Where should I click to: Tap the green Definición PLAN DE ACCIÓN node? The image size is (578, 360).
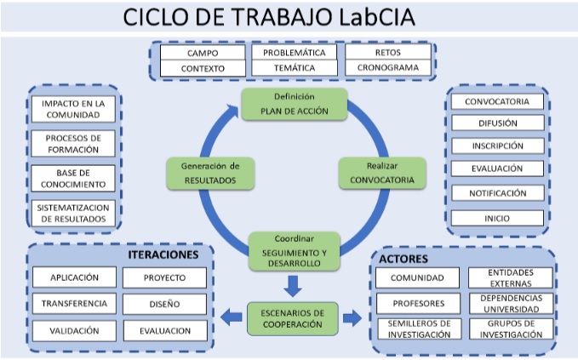click(282, 103)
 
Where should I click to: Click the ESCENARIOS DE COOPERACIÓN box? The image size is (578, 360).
click(292, 318)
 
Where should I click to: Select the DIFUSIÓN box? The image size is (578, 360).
click(497, 123)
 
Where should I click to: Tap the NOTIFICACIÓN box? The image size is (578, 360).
click(497, 193)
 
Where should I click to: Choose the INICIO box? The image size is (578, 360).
click(497, 217)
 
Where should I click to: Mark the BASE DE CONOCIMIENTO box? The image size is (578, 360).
click(72, 178)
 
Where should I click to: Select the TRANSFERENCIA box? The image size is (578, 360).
click(73, 303)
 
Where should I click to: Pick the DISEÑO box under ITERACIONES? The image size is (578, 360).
click(165, 303)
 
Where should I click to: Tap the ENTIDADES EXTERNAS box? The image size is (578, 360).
click(511, 277)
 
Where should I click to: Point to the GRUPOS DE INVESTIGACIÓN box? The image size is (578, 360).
click(511, 329)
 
